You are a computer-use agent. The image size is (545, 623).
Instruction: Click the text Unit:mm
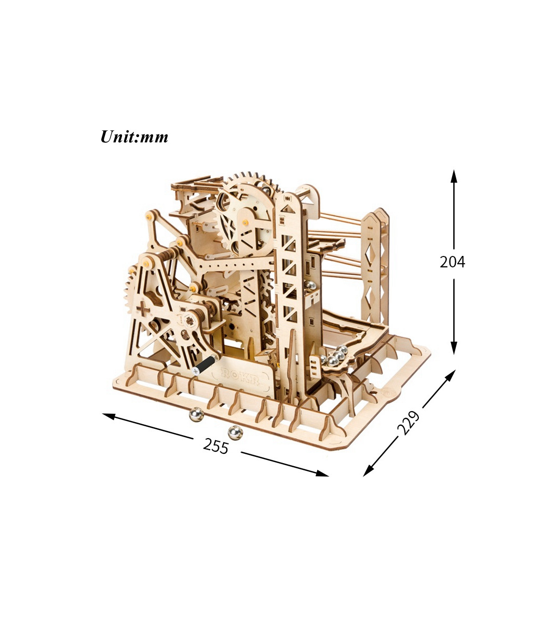pyautogui.click(x=134, y=137)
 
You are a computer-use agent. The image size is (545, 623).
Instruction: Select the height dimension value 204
pyautogui.click(x=452, y=262)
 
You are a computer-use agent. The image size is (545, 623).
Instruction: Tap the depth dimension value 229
pyautogui.click(x=408, y=423)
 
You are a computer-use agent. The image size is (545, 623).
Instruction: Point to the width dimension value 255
pyautogui.click(x=215, y=446)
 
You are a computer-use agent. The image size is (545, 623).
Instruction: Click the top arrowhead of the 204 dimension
pyautogui.click(x=454, y=176)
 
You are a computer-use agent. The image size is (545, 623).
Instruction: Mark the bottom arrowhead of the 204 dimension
pyautogui.click(x=454, y=348)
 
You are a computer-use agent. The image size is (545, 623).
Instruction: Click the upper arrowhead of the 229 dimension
pyautogui.click(x=451, y=375)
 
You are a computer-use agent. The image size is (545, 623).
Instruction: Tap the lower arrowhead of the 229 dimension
pyautogui.click(x=369, y=471)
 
